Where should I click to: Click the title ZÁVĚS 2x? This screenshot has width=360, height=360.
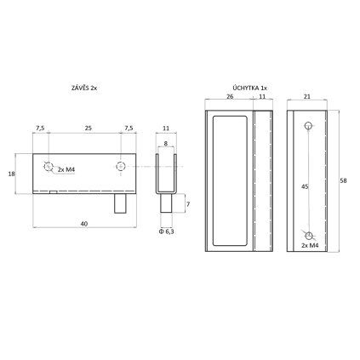coord(84,88)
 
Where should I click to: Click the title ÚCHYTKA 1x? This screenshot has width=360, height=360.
coord(249,88)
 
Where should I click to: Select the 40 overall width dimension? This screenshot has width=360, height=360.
coord(84,224)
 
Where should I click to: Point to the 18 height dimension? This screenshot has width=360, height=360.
coord(11,174)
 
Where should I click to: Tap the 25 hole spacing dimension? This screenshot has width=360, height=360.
coord(89,129)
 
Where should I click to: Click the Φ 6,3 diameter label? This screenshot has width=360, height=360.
coord(167,231)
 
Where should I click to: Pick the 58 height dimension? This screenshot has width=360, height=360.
coord(343,180)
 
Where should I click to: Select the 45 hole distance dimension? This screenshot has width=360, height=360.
coord(305,186)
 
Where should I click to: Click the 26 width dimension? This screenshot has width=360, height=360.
coord(230,96)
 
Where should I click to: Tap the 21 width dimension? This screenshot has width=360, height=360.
coord(307,96)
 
